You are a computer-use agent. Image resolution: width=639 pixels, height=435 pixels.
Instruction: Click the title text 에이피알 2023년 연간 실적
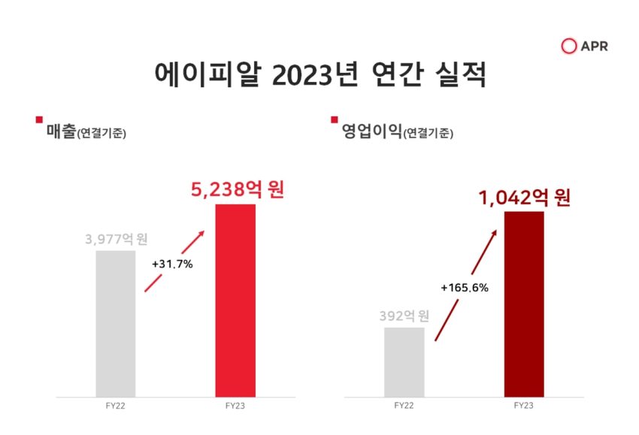[320, 74]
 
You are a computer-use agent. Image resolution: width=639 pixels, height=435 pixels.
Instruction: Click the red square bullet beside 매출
[39, 119]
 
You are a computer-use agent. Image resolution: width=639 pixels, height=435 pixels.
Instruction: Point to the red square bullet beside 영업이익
[335, 119]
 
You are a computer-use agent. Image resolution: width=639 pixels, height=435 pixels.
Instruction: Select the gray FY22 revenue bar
[116, 324]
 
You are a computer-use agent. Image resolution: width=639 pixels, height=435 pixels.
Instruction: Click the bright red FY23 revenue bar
[235, 301]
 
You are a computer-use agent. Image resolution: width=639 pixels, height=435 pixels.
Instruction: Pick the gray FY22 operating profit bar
[404, 362]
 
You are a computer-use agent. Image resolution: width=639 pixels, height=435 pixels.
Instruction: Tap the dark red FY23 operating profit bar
[524, 304]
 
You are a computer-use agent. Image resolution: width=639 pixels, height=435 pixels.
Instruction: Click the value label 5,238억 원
[238, 190]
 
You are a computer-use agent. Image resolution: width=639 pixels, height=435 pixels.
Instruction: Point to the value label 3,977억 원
[117, 239]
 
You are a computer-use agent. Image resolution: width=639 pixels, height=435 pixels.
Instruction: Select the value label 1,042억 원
[525, 198]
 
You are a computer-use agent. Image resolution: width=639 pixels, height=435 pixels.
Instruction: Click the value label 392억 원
[404, 316]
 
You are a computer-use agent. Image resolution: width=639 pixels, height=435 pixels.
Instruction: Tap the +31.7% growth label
[172, 264]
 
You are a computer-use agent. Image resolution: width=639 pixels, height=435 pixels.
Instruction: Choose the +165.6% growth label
[465, 288]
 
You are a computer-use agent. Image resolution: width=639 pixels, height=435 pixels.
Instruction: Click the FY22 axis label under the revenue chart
[115, 406]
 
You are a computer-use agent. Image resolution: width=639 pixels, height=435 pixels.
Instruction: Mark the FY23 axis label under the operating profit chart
[524, 406]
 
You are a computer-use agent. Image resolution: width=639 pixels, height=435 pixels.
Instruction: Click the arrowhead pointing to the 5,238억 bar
[201, 234]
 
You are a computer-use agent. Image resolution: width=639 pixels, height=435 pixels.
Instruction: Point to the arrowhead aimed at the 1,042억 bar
[494, 233]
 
